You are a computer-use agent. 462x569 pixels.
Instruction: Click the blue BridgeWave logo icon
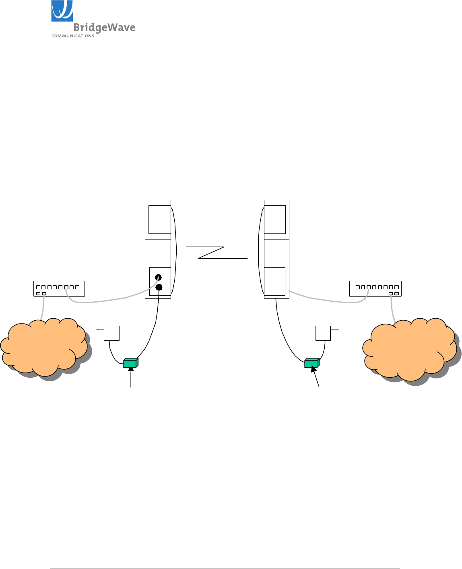click(x=62, y=11)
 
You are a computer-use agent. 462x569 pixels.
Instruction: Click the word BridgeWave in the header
click(x=104, y=28)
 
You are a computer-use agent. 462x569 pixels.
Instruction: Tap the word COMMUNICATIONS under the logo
click(x=72, y=36)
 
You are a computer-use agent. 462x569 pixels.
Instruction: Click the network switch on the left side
click(x=59, y=289)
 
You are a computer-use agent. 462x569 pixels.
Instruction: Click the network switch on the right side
click(x=375, y=289)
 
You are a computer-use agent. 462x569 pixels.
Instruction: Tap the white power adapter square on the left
click(x=112, y=333)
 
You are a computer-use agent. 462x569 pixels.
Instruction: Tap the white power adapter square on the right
click(x=323, y=333)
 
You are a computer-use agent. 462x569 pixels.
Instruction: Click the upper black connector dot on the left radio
click(x=158, y=277)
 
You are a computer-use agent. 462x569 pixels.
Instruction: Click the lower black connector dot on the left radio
click(x=159, y=287)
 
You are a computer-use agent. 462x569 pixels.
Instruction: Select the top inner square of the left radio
click(x=160, y=219)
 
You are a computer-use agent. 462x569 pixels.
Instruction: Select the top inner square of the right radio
click(x=275, y=219)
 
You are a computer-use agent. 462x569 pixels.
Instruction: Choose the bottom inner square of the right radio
click(x=274, y=281)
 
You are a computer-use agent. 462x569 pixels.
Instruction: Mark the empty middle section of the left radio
click(x=158, y=251)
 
